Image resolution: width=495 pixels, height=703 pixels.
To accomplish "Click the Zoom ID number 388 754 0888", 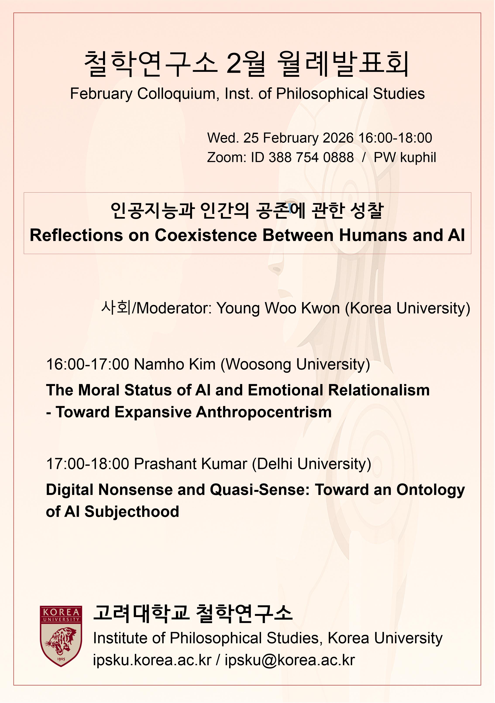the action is click(x=311, y=157).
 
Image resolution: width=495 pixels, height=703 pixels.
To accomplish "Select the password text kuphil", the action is click(x=418, y=158).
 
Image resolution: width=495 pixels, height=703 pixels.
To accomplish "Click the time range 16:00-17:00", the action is click(x=88, y=364).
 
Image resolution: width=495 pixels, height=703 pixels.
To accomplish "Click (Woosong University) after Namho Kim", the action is click(x=296, y=365).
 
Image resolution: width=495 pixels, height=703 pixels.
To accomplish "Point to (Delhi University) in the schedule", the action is click(x=312, y=464).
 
